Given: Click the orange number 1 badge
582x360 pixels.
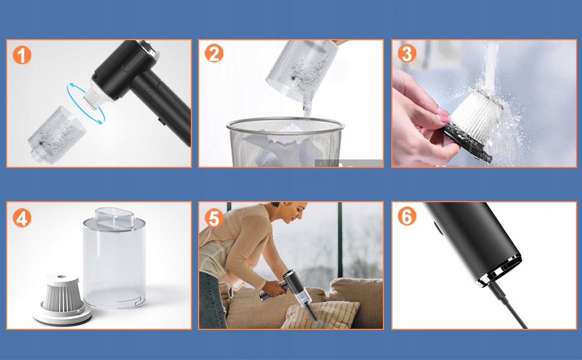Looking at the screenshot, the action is click(22, 55).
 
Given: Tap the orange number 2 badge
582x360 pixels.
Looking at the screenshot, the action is click(214, 53).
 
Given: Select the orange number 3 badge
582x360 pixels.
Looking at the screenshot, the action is click(407, 53).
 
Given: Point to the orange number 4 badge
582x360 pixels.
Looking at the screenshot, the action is click(22, 218).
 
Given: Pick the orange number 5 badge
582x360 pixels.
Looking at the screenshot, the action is click(214, 218).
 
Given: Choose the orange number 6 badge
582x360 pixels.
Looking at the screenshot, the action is click(407, 217).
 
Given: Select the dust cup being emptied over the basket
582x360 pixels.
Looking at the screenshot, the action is click(301, 70).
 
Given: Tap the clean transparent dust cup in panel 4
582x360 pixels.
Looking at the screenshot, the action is click(113, 259).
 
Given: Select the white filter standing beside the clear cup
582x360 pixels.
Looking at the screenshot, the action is click(62, 299).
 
